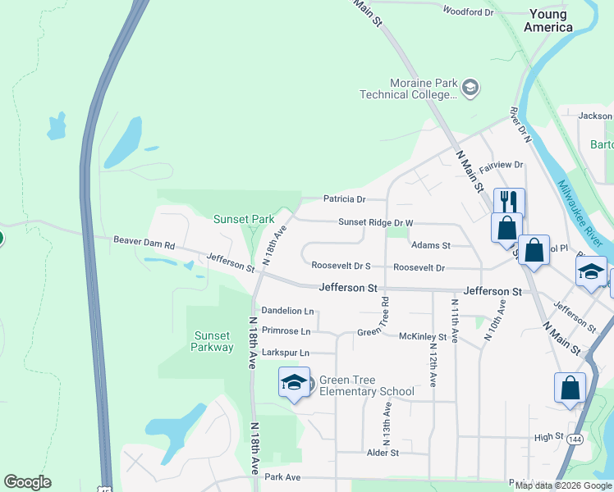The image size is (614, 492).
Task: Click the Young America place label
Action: click(x=550, y=20)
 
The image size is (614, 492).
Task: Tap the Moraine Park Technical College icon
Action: click(x=470, y=88)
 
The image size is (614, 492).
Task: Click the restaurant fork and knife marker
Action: click(x=509, y=201)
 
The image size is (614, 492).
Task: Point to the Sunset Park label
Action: click(x=244, y=219)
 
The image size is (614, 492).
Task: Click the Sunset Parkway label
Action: click(x=213, y=341)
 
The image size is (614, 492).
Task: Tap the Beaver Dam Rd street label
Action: click(x=144, y=244)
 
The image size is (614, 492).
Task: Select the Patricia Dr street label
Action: click(x=343, y=199)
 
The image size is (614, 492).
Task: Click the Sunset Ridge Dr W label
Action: click(x=376, y=222)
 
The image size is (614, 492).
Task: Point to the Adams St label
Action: click(x=431, y=245)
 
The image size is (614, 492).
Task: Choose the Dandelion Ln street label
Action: click(x=287, y=311)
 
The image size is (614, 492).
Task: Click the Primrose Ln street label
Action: click(x=286, y=331)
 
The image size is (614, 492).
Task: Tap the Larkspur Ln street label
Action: click(x=285, y=353)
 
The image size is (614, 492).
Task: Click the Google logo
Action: click(x=27, y=482)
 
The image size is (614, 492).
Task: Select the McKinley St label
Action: click(x=422, y=337)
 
